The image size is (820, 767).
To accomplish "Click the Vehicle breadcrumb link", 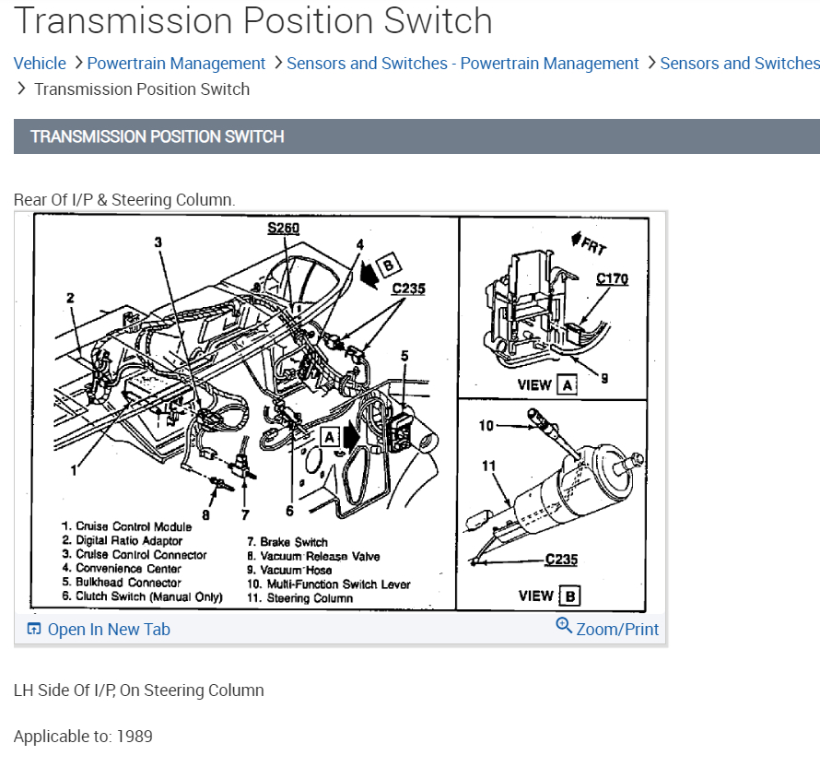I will (x=40, y=64).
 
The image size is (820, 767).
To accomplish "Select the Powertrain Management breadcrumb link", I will (x=176, y=64).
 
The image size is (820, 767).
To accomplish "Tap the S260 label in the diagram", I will (x=283, y=228).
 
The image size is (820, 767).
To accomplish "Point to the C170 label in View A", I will (x=612, y=278).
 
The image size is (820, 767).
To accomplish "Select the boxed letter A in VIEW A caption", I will (x=568, y=385).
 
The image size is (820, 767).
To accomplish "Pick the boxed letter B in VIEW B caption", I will (x=570, y=596).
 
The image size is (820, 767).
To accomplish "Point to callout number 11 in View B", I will (x=487, y=466).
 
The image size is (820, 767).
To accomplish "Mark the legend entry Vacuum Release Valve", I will (x=313, y=556).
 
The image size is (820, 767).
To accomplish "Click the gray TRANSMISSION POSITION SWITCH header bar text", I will (x=158, y=136).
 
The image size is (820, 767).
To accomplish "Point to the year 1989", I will (x=134, y=737).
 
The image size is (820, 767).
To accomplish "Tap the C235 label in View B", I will (x=561, y=560).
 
